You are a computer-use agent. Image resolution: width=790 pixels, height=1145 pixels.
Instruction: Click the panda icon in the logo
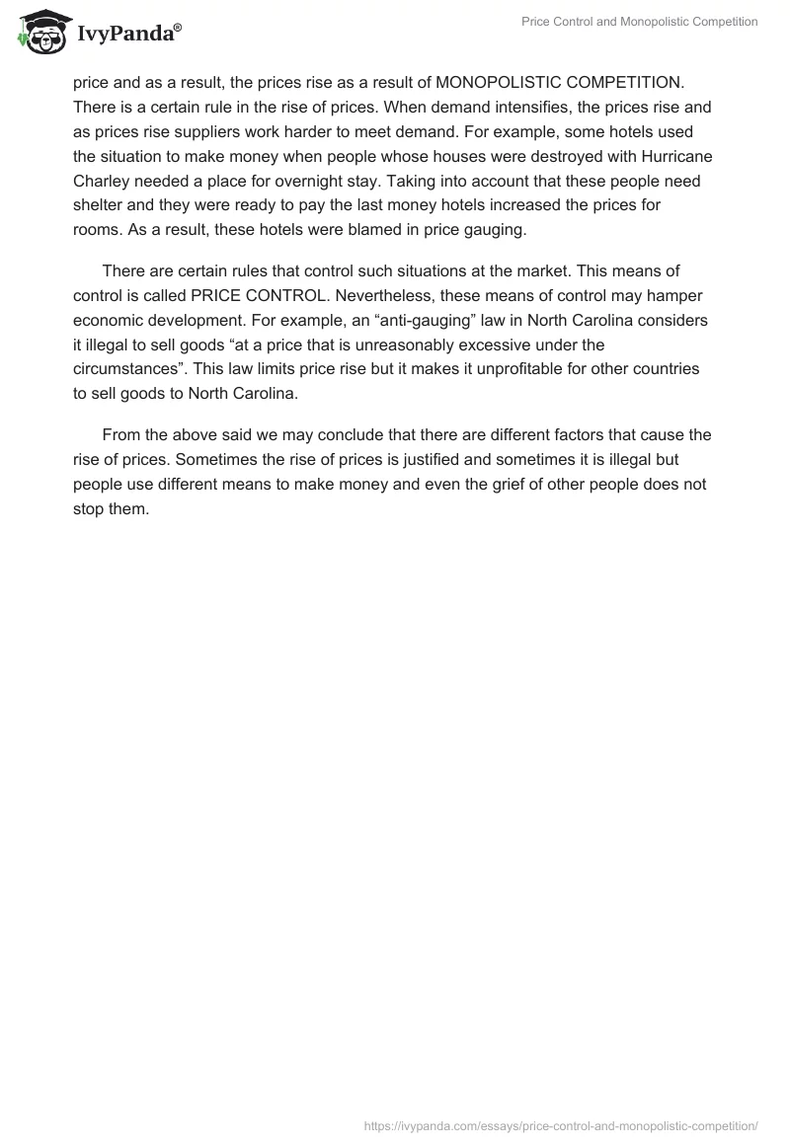(x=37, y=31)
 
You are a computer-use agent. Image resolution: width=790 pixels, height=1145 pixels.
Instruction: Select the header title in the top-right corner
(x=639, y=21)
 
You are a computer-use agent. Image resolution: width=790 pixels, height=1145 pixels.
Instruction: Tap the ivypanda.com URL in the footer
(x=561, y=1124)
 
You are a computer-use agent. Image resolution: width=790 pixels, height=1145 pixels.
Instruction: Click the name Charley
(x=101, y=182)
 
